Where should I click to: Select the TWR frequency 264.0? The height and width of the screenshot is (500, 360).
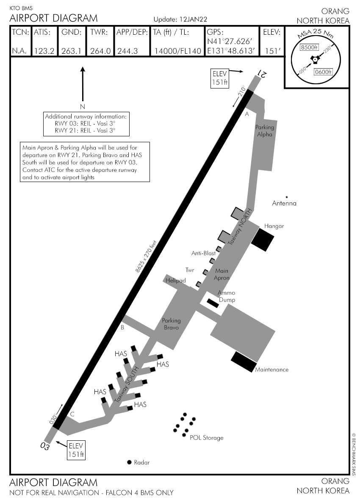coord(100,51)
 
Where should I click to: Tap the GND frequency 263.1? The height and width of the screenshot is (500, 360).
coord(72,51)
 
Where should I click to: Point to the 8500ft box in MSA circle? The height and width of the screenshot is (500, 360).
coord(309,47)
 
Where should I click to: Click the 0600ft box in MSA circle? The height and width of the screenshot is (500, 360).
coord(323,72)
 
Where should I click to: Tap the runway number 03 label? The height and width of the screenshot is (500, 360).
coord(45,446)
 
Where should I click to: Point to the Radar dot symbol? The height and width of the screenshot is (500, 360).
coord(129,462)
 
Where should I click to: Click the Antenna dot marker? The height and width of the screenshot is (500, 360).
coord(287,197)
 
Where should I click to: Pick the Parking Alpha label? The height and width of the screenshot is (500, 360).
coord(265,130)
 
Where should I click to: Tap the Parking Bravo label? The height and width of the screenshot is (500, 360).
coord(172,324)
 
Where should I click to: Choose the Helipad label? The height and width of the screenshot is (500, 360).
coord(176,280)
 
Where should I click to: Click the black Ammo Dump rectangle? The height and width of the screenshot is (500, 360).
coord(212,303)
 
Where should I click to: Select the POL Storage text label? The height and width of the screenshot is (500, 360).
coord(206,438)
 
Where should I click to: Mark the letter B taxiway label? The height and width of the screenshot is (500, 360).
coord(122,327)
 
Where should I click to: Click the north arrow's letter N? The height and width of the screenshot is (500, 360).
coord(83,106)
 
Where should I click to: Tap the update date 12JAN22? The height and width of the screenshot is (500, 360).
coord(192,19)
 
